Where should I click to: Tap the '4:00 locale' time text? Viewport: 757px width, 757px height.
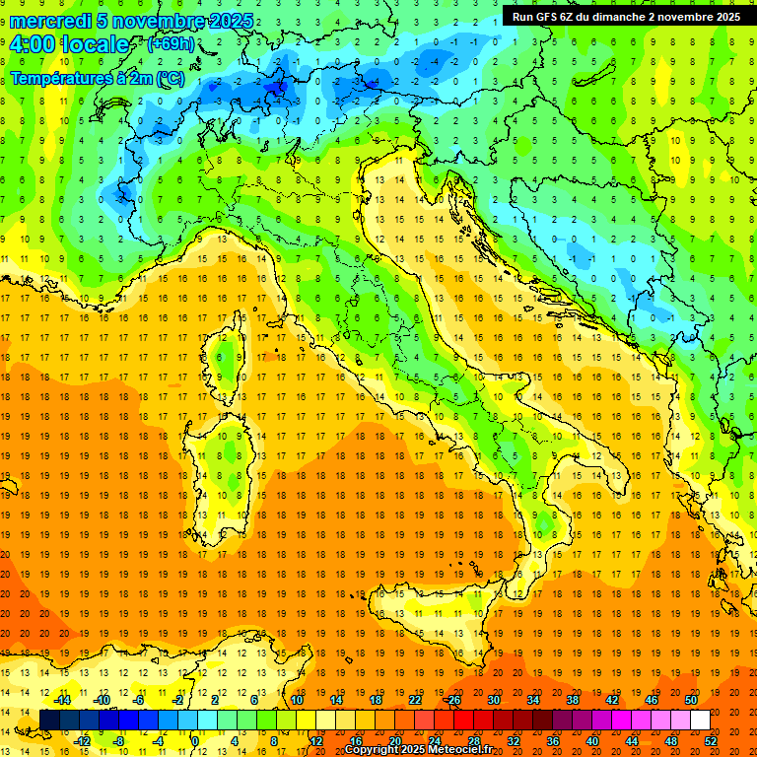click(69, 44)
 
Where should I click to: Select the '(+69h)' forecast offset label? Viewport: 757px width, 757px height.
click(171, 44)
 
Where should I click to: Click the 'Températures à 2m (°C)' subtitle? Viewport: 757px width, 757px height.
click(97, 77)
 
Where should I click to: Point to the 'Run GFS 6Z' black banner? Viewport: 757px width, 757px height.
click(626, 16)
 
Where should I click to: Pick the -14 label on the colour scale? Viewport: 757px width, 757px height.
click(62, 700)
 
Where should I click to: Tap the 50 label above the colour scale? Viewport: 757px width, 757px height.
click(690, 700)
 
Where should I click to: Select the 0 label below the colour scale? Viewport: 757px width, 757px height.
click(195, 740)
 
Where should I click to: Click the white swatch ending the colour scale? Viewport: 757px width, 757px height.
click(700, 720)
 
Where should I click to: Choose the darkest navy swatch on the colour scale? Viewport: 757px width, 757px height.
click(49, 720)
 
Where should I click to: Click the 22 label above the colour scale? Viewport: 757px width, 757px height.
click(415, 700)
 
